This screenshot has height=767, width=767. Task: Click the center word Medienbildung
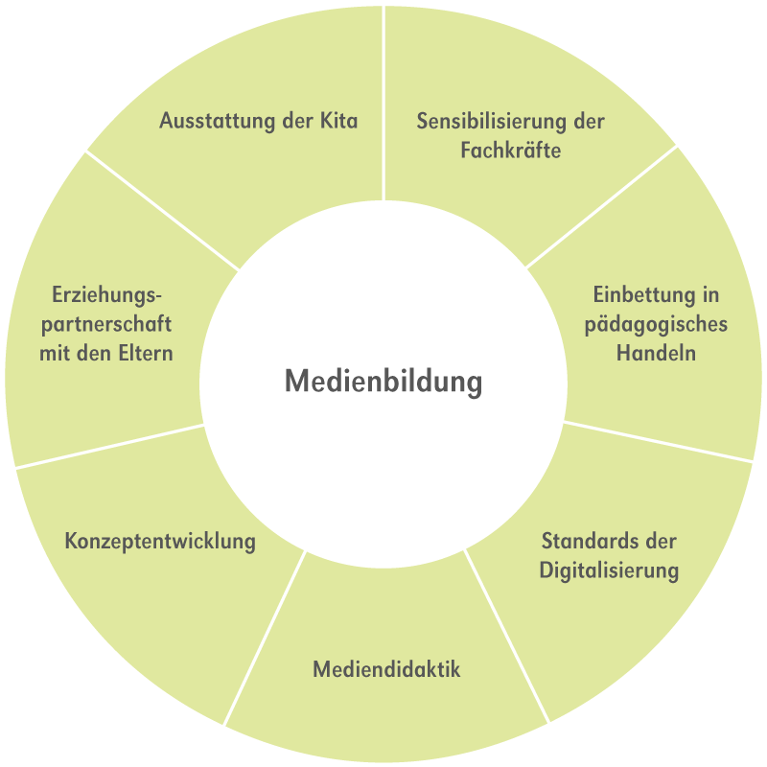coord(383,382)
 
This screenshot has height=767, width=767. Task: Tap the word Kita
coord(337,122)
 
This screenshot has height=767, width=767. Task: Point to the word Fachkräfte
coord(510,151)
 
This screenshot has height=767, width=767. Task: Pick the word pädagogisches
coord(656,324)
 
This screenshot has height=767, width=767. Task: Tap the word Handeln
coord(656,353)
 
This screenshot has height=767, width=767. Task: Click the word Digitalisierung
coord(609,570)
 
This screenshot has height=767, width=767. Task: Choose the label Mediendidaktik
coord(386,669)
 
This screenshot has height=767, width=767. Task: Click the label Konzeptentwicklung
coord(160,541)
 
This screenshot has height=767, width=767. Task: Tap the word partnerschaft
coord(106,324)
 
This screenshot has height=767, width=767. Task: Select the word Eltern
coord(145,353)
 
